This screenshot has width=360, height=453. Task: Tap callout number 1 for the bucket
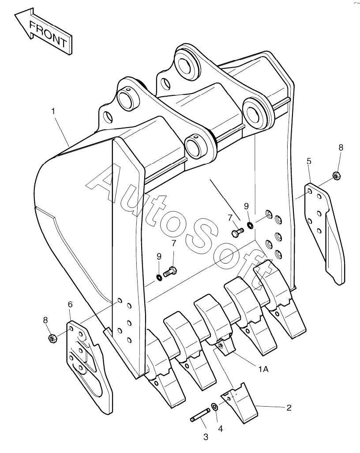click(53, 112)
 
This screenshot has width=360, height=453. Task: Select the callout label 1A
click(263, 370)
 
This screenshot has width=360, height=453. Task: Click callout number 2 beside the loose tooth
click(289, 408)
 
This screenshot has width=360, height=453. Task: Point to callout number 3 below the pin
click(206, 437)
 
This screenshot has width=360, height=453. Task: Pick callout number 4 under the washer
click(220, 428)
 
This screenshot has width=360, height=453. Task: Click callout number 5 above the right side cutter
click(309, 161)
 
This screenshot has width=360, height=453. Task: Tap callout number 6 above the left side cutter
click(70, 304)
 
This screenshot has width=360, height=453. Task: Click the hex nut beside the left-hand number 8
click(51, 339)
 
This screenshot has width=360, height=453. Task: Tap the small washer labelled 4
click(214, 406)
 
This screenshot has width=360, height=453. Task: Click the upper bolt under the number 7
click(237, 231)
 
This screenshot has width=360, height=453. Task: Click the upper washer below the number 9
click(250, 226)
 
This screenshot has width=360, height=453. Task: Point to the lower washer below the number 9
click(158, 277)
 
